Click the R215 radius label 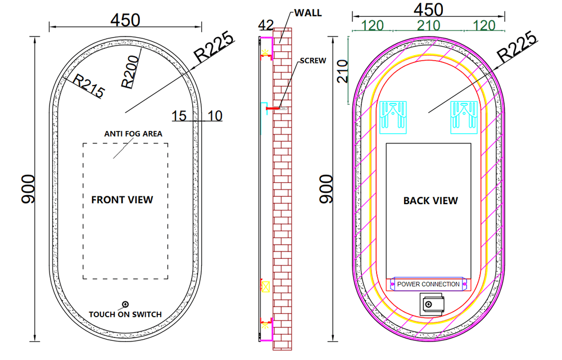tap(89, 86)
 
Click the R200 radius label tap(130, 71)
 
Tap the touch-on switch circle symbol tap(125, 304)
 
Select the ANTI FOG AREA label tap(133, 134)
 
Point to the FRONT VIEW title tap(122, 200)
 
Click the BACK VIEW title tap(430, 201)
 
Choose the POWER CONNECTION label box tap(428, 284)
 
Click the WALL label tap(308, 13)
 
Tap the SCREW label tap(313, 61)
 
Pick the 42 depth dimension tap(266, 25)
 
